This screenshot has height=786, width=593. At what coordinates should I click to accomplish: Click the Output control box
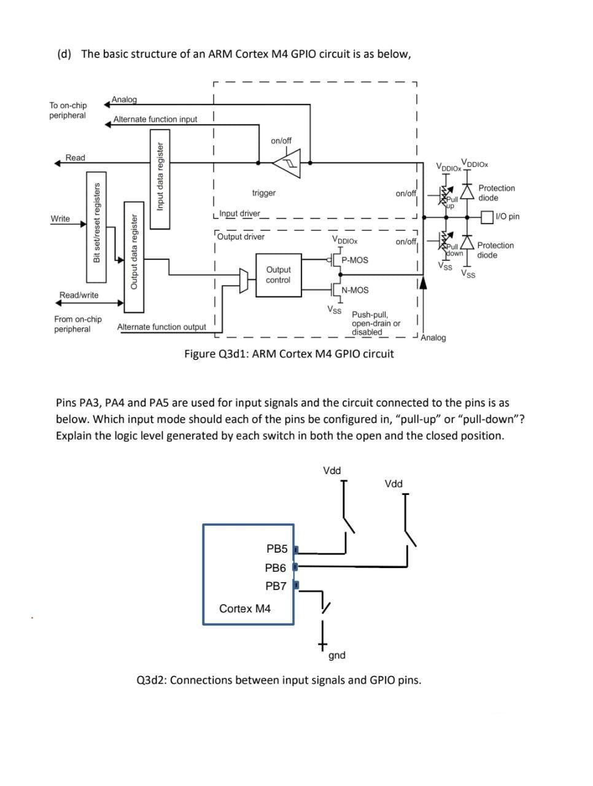click(x=279, y=275)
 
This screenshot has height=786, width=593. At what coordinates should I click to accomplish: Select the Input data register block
click(x=160, y=179)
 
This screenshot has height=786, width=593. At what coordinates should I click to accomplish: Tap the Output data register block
click(x=134, y=257)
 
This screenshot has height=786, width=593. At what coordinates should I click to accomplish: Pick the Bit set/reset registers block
click(x=96, y=227)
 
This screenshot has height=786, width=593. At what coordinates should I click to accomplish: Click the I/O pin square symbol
click(x=487, y=217)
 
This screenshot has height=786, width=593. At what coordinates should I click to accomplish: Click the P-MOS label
click(x=355, y=260)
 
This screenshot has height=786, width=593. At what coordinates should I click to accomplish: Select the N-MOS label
click(x=355, y=290)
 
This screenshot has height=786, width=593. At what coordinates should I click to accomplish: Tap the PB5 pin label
click(x=277, y=548)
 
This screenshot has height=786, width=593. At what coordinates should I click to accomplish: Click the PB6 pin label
click(x=275, y=567)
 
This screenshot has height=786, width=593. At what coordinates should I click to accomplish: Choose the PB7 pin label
click(x=276, y=586)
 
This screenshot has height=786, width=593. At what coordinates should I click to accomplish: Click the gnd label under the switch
click(x=337, y=656)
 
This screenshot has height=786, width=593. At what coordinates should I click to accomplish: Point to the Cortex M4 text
click(x=245, y=609)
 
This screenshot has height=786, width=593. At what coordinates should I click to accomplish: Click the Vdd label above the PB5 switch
click(x=331, y=470)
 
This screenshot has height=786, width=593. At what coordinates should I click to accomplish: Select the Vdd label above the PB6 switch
click(x=393, y=484)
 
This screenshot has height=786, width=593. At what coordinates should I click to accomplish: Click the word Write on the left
click(x=60, y=219)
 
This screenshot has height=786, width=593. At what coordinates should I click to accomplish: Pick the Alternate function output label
click(x=161, y=327)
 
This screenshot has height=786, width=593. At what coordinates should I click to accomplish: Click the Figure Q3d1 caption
click(x=289, y=354)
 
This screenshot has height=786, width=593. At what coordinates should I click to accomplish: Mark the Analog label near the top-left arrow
click(x=124, y=99)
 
